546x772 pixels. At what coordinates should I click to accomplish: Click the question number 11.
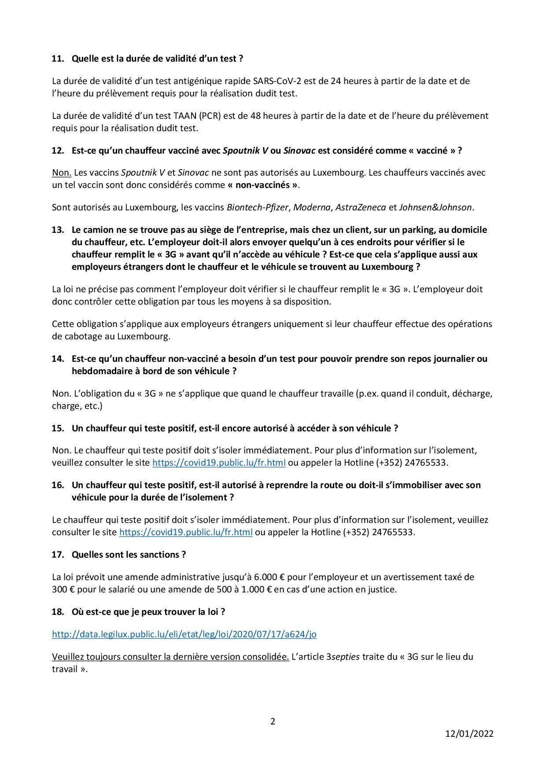pyautogui.click(x=58, y=59)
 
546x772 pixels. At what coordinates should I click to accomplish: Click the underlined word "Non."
pyautogui.click(x=62, y=173)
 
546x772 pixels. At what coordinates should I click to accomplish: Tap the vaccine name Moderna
pyautogui.click(x=312, y=207)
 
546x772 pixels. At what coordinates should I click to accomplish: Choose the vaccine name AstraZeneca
pyautogui.click(x=361, y=207)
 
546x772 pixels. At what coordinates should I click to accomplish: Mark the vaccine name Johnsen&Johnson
pyautogui.click(x=435, y=207)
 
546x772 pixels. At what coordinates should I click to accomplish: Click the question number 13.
pyautogui.click(x=58, y=230)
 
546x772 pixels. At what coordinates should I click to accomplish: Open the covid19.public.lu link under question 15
pyautogui.click(x=219, y=463)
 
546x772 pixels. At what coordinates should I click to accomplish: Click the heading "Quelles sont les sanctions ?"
pyautogui.click(x=129, y=555)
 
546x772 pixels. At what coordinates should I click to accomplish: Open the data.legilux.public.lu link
pyautogui.click(x=184, y=634)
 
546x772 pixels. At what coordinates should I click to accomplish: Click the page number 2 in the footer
pyautogui.click(x=273, y=721)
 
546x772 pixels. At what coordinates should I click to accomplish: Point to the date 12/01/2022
pyautogui.click(x=469, y=734)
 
